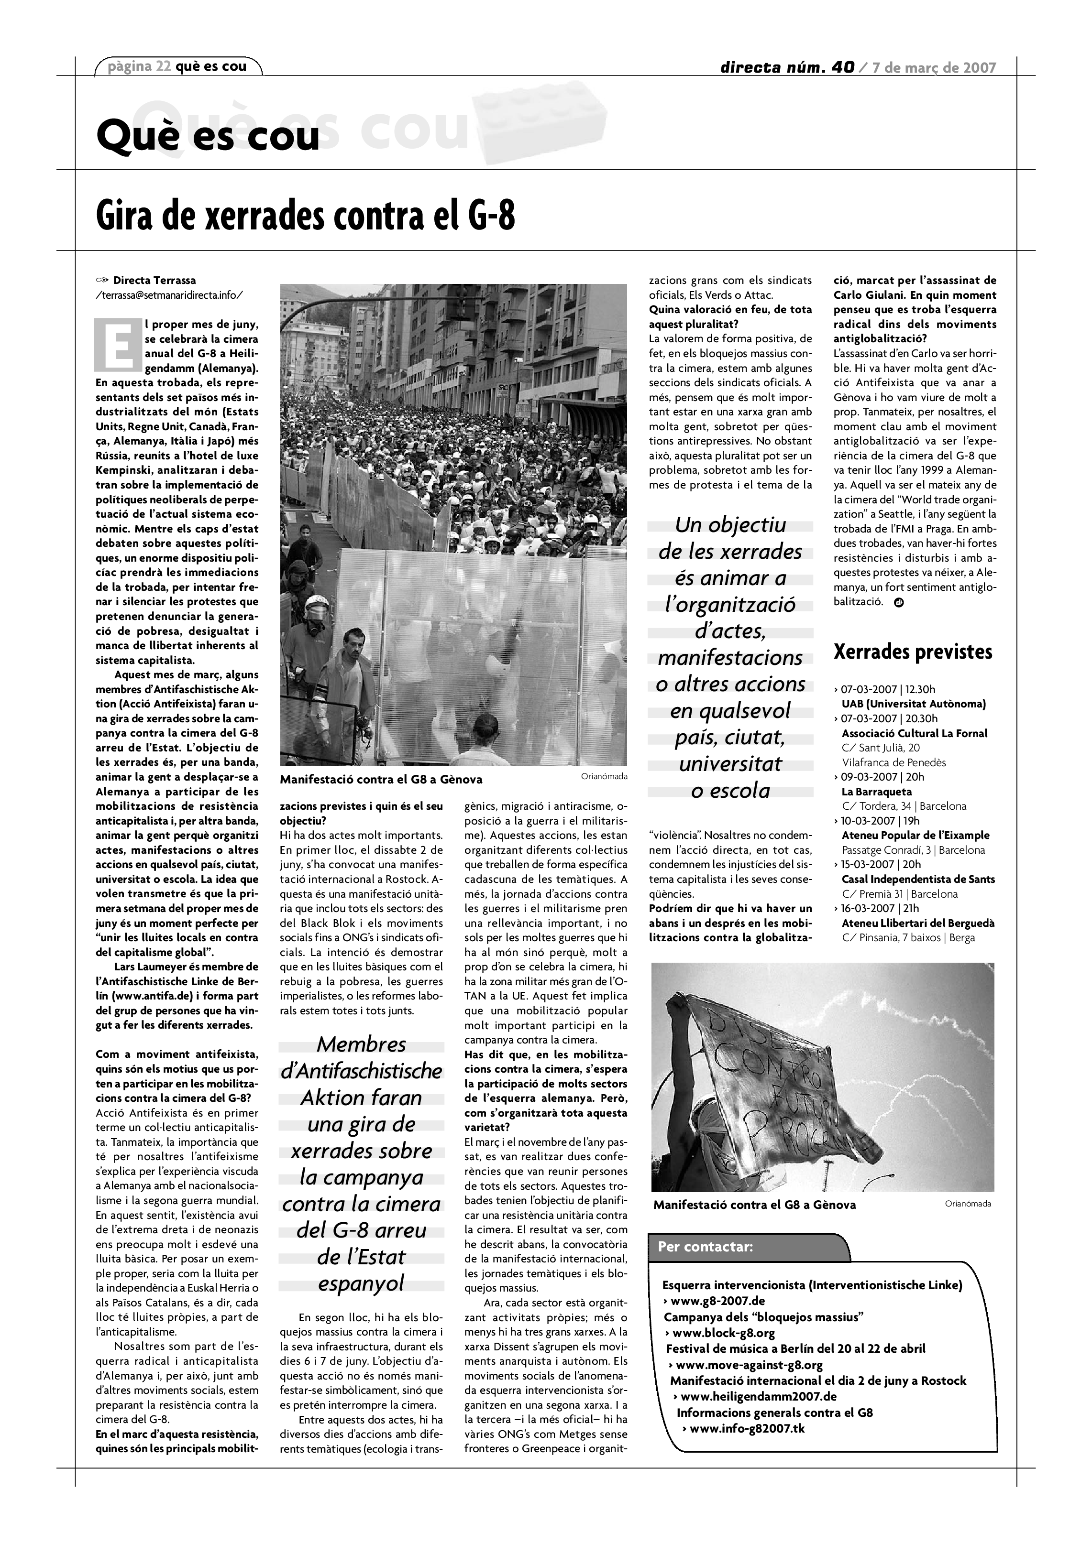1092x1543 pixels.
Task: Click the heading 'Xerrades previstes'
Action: [x=913, y=652]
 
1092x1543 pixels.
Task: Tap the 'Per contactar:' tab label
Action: [x=706, y=1247]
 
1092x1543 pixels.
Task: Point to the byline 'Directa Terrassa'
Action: [x=154, y=280]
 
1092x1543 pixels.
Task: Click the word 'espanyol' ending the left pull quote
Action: [x=361, y=1283]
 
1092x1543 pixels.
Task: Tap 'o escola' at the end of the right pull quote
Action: [x=730, y=790]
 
